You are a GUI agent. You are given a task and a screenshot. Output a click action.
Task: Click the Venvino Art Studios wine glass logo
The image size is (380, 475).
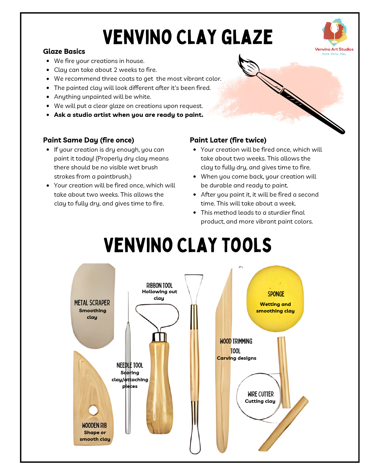334,32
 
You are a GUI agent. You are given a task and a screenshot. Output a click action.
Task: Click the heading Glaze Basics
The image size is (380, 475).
64,51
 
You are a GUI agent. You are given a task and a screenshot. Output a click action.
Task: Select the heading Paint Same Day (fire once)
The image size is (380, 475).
88,140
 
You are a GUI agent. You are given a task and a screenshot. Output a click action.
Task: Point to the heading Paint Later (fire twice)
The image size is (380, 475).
228,140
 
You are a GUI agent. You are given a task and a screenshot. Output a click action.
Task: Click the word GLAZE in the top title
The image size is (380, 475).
247,37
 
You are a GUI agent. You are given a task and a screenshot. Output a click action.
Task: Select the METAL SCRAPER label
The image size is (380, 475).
92,303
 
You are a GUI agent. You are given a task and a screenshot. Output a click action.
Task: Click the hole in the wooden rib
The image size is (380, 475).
93,410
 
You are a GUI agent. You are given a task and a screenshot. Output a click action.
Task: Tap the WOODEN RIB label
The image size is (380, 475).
94,425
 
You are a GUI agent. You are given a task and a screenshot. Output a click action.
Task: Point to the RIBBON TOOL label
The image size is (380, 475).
159,285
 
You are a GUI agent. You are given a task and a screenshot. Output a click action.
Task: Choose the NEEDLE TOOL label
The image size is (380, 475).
130,365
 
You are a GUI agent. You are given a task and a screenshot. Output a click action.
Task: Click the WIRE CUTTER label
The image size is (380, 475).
260,394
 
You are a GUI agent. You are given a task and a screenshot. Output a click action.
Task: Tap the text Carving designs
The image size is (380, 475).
237,358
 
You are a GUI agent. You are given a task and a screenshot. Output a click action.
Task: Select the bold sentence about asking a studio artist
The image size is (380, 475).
129,115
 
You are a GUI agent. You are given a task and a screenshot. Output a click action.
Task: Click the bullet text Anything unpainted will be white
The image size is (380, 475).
103,97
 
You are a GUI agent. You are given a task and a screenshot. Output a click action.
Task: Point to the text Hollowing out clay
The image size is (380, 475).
159,295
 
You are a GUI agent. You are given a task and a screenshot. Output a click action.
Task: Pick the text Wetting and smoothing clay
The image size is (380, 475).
275,307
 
